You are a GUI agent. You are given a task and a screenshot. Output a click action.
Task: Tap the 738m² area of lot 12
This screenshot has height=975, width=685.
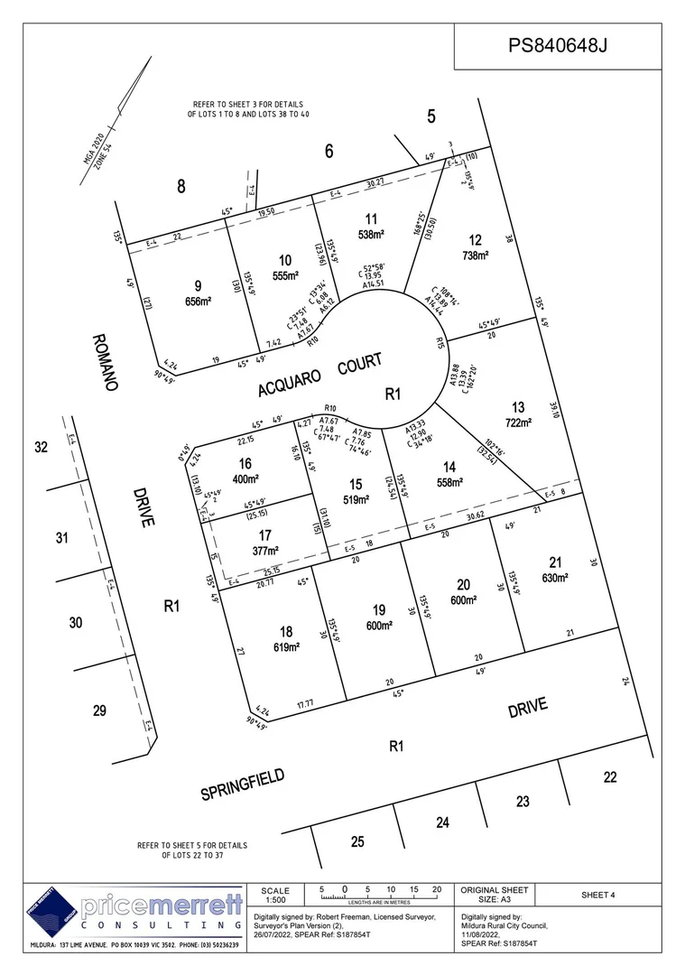(475, 255)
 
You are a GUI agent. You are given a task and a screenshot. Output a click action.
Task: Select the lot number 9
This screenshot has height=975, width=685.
(198, 286)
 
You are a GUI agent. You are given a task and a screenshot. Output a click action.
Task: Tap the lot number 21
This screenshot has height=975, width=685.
(555, 562)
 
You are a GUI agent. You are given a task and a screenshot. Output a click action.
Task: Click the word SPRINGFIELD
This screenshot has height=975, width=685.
(243, 784)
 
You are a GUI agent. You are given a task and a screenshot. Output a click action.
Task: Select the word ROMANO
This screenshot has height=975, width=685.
(104, 361)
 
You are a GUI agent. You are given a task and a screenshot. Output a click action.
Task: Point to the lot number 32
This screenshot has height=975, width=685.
(40, 447)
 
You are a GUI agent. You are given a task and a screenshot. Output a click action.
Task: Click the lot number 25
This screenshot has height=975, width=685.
(357, 841)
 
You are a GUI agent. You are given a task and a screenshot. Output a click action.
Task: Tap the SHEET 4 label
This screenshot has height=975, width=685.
(597, 895)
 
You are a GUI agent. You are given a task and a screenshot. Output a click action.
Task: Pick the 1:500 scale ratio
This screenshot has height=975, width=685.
(274, 900)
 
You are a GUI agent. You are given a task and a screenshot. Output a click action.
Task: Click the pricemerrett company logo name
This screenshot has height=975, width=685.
(162, 905)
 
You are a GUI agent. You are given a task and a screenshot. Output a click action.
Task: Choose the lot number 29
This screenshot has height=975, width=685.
(100, 711)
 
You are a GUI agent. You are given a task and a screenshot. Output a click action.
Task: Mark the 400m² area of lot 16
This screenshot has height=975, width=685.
(245, 478)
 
